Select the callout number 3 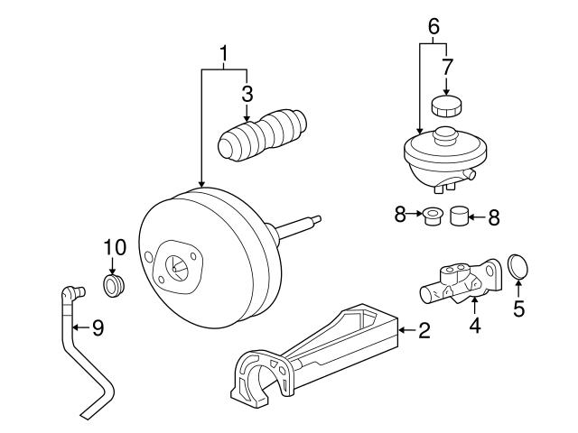[247, 93]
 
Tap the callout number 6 [434, 27]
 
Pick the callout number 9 [98, 327]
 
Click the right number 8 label [493, 216]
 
